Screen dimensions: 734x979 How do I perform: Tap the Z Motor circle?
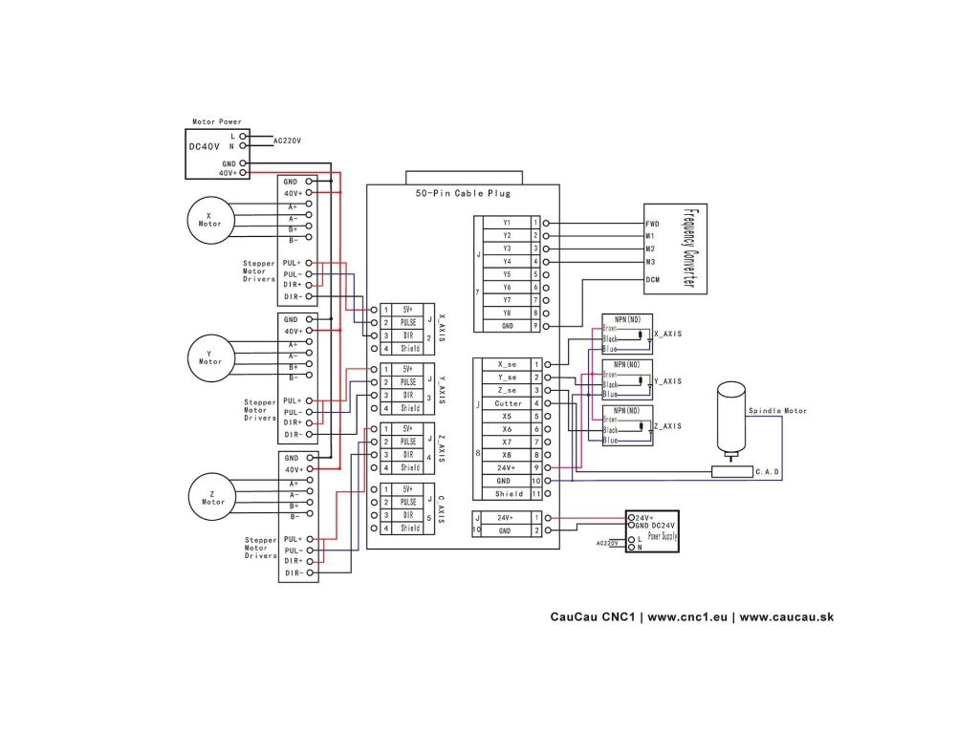(x=212, y=496)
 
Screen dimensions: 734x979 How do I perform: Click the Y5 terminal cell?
(x=507, y=274)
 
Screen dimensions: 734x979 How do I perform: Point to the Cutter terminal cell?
(x=509, y=403)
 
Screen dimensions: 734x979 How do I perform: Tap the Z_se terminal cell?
(x=509, y=390)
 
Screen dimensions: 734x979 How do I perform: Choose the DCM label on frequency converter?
(x=653, y=280)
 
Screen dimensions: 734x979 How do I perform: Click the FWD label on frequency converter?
(x=653, y=223)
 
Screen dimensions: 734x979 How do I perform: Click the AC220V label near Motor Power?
(x=287, y=140)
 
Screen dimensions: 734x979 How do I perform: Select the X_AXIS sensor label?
(x=666, y=335)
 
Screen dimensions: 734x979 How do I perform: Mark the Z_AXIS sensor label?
(x=666, y=426)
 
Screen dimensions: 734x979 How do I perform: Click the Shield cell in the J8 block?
(x=509, y=494)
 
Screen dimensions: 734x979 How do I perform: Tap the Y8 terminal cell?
(x=507, y=313)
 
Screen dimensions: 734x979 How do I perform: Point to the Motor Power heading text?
(x=217, y=121)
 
